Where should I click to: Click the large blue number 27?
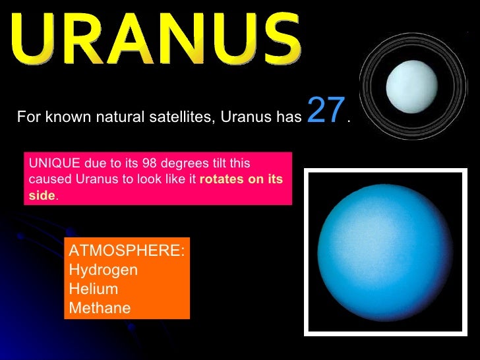pos(326,111)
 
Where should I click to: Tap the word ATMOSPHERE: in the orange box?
pos(127,251)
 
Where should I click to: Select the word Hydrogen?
pos(104,270)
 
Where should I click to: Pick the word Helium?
pos(94,289)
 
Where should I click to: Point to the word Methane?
pos(100,308)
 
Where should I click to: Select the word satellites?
pos(187,117)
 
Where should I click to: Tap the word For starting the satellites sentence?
pos(28,117)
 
